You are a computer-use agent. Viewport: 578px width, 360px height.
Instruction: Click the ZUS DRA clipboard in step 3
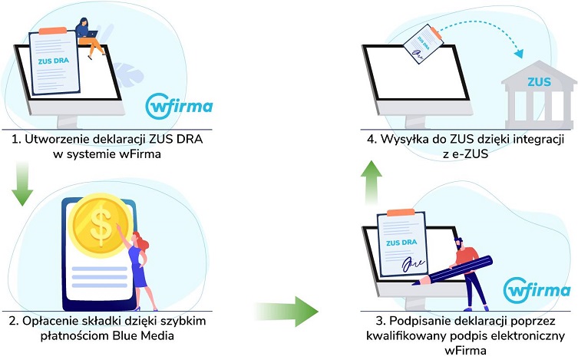coord(402,246)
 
